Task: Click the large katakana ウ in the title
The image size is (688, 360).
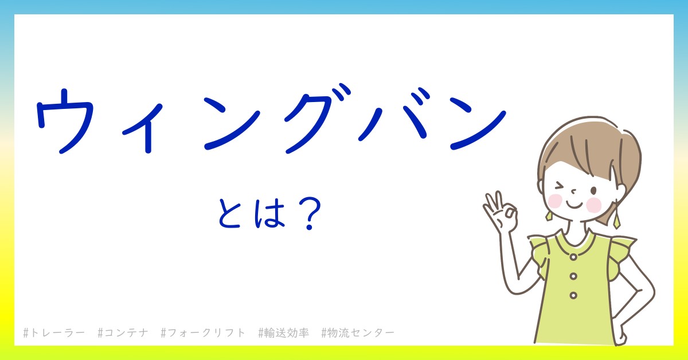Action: (64, 122)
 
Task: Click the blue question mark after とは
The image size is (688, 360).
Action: (310, 214)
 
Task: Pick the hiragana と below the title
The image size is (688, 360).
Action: (229, 213)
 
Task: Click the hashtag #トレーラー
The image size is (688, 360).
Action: (54, 332)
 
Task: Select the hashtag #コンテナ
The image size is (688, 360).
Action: (123, 332)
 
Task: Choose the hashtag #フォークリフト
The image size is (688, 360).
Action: (203, 332)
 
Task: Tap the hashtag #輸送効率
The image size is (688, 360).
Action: (283, 332)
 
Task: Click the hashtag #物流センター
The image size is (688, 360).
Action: (358, 332)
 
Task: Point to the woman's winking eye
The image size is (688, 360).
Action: (560, 186)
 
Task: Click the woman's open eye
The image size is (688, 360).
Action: (594, 191)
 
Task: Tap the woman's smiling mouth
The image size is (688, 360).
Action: (574, 204)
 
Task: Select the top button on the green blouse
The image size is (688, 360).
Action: (573, 257)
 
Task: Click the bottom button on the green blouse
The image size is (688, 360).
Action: (573, 295)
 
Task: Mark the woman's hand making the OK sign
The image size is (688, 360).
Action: (501, 213)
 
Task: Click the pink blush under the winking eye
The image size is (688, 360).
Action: (555, 201)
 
